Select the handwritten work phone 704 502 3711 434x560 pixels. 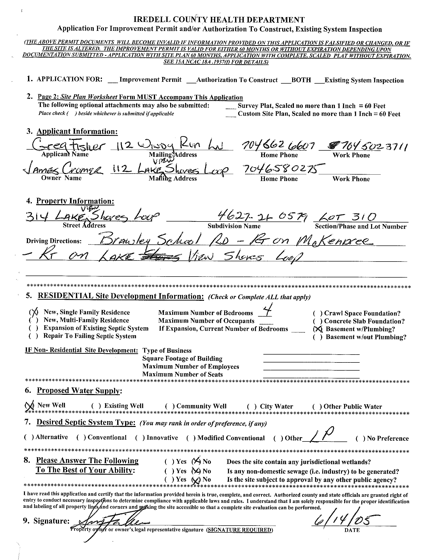click(x=368, y=147)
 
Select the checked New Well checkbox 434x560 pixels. click(x=30, y=405)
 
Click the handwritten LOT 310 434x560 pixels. click(x=346, y=218)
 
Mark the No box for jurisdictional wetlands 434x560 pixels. click(x=196, y=462)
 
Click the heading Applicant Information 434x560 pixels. click(x=77, y=131)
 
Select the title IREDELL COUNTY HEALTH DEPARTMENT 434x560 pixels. click(x=219, y=20)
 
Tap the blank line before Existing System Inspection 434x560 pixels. click(x=319, y=81)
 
